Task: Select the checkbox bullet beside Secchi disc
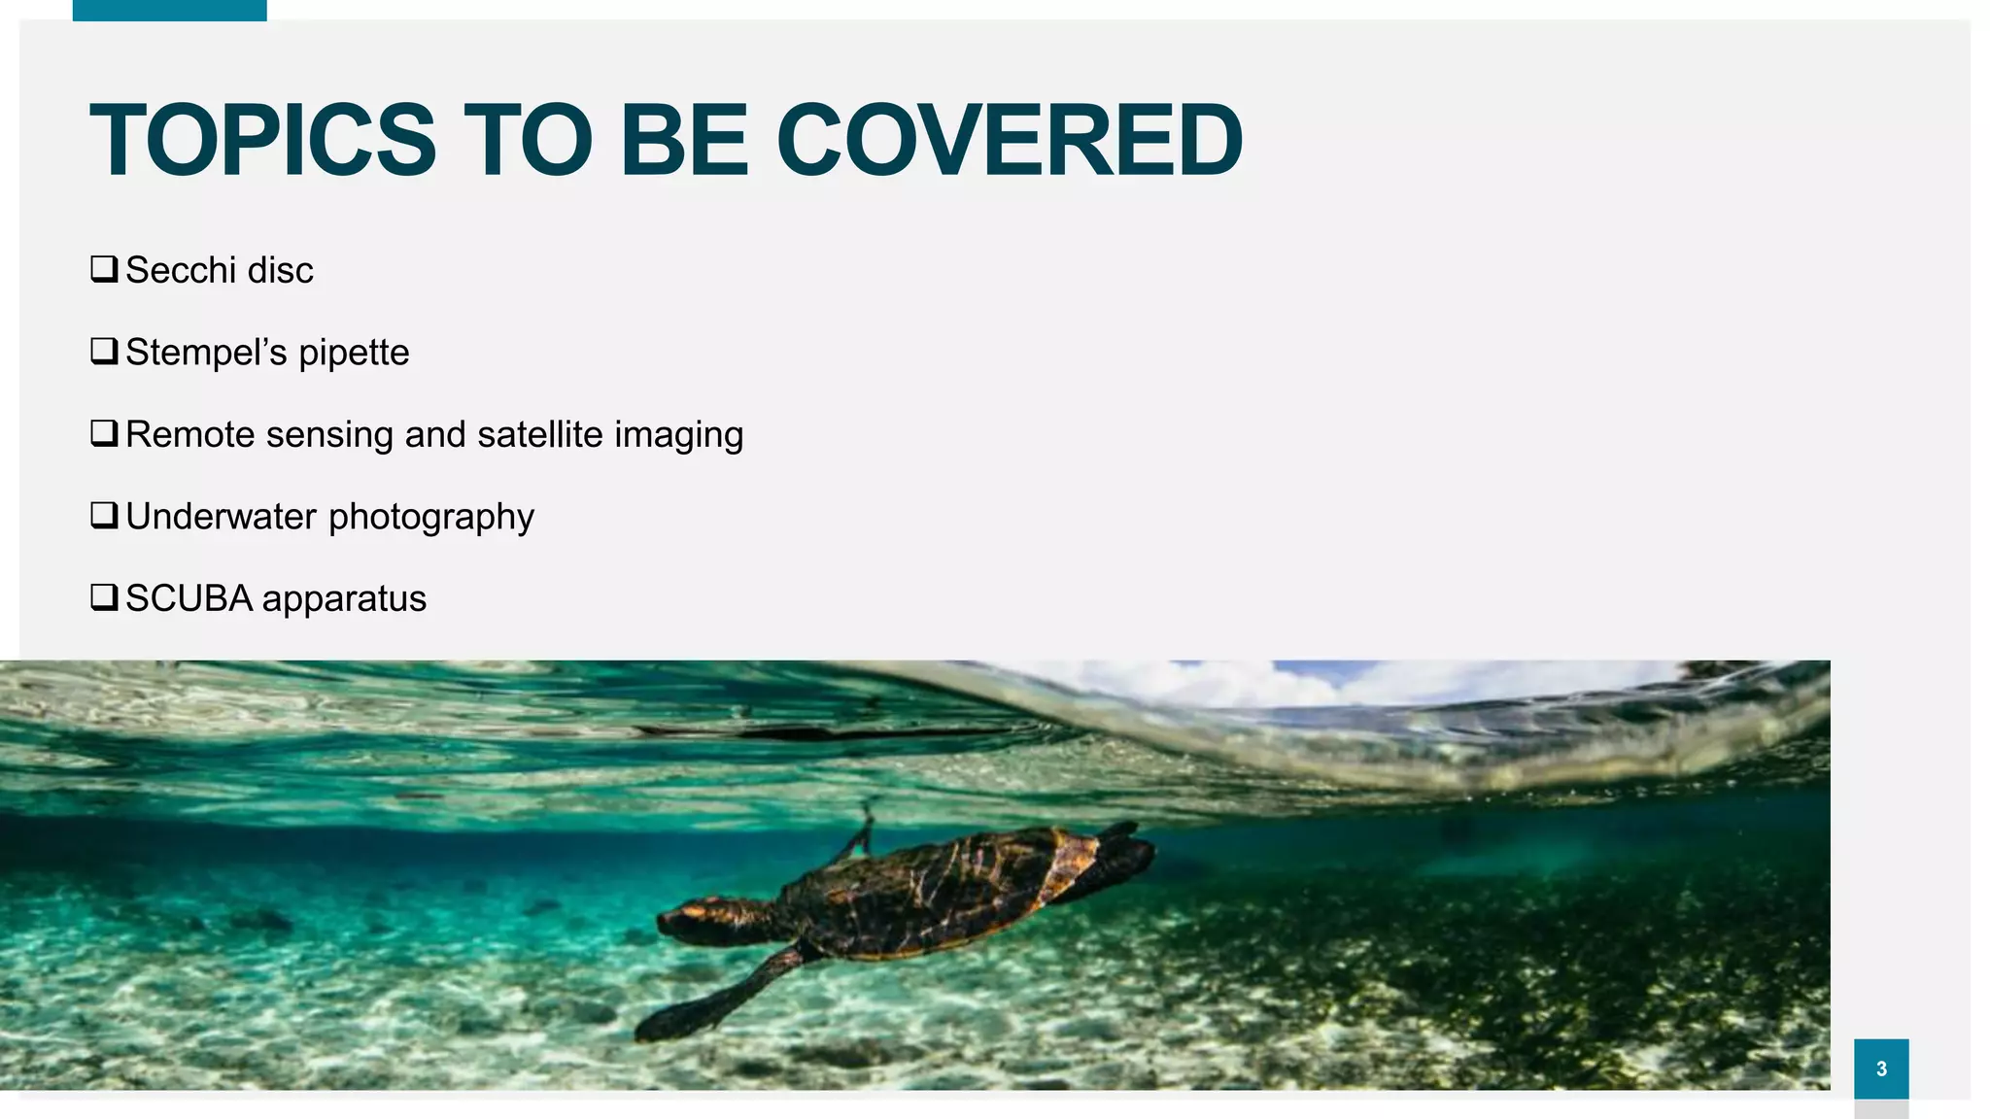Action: [104, 268]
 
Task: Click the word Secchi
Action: [182, 270]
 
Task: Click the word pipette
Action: [354, 354]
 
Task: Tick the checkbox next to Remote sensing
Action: [104, 432]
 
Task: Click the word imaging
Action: [678, 436]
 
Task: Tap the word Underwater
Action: [222, 516]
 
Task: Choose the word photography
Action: [431, 518]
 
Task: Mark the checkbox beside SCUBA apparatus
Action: [104, 596]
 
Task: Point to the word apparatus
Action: [344, 600]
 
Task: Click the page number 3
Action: [1881, 1068]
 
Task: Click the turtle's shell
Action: [933, 889]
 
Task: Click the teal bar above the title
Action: [169, 10]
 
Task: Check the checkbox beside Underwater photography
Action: [104, 514]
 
